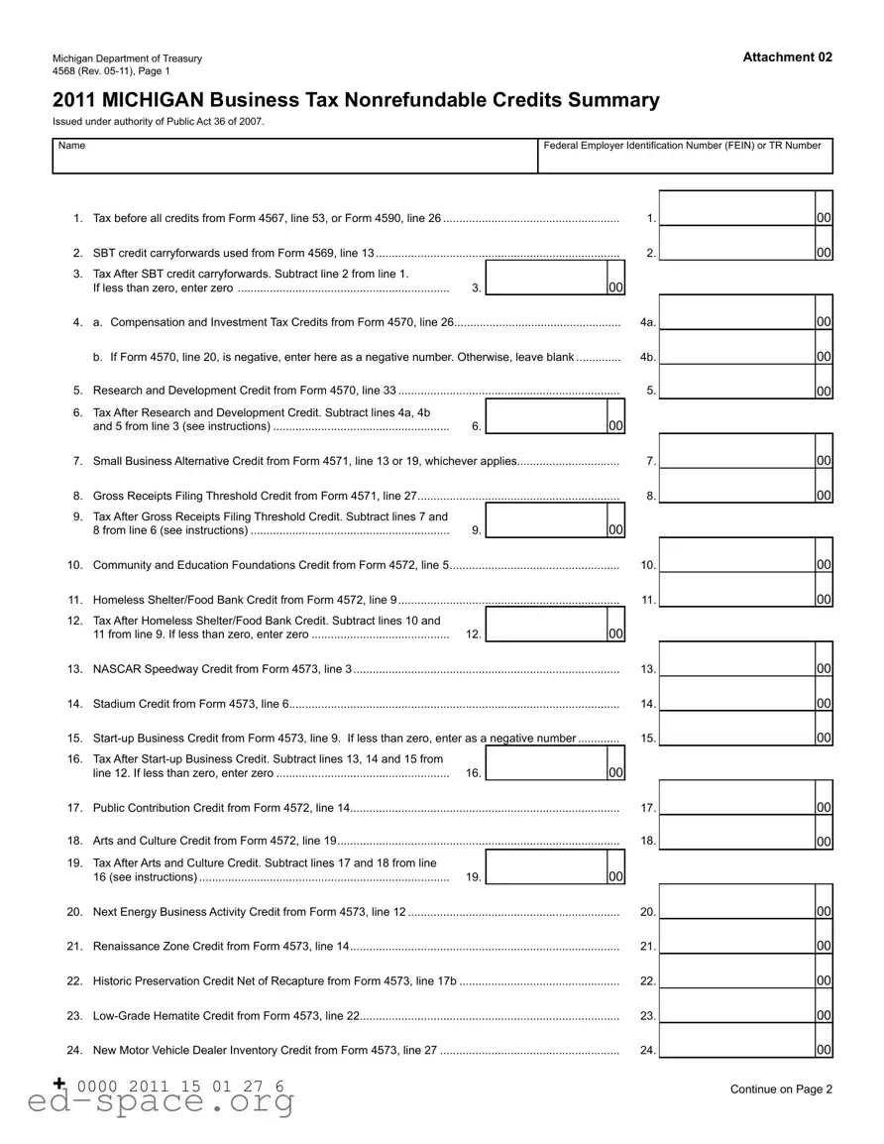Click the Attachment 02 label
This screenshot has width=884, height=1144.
click(787, 57)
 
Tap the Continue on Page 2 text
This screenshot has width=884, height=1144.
click(781, 1089)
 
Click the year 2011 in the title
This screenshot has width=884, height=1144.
click(73, 100)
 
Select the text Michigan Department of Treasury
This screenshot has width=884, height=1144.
click(127, 58)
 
